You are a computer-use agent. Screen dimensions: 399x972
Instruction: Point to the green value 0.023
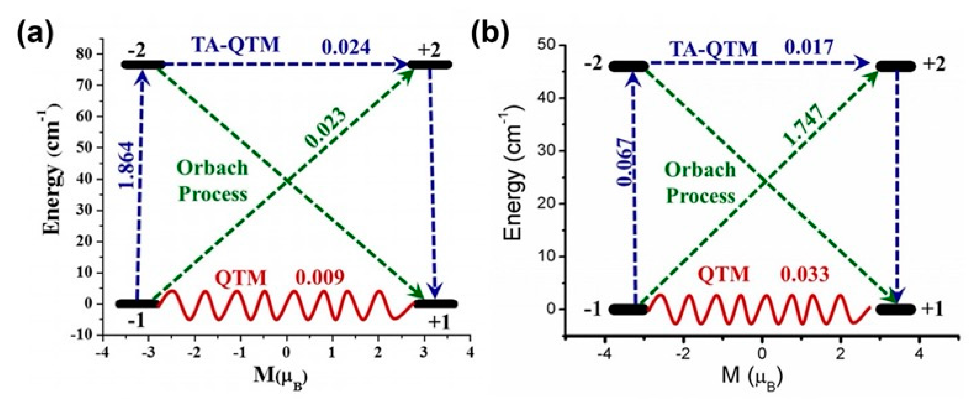pos(326,128)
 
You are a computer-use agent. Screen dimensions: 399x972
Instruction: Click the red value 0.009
pos(320,278)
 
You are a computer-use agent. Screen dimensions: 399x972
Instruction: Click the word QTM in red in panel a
pos(241,279)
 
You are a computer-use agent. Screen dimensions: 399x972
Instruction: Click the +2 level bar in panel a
pos(430,65)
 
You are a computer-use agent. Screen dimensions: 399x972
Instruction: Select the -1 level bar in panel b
pos(628,309)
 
